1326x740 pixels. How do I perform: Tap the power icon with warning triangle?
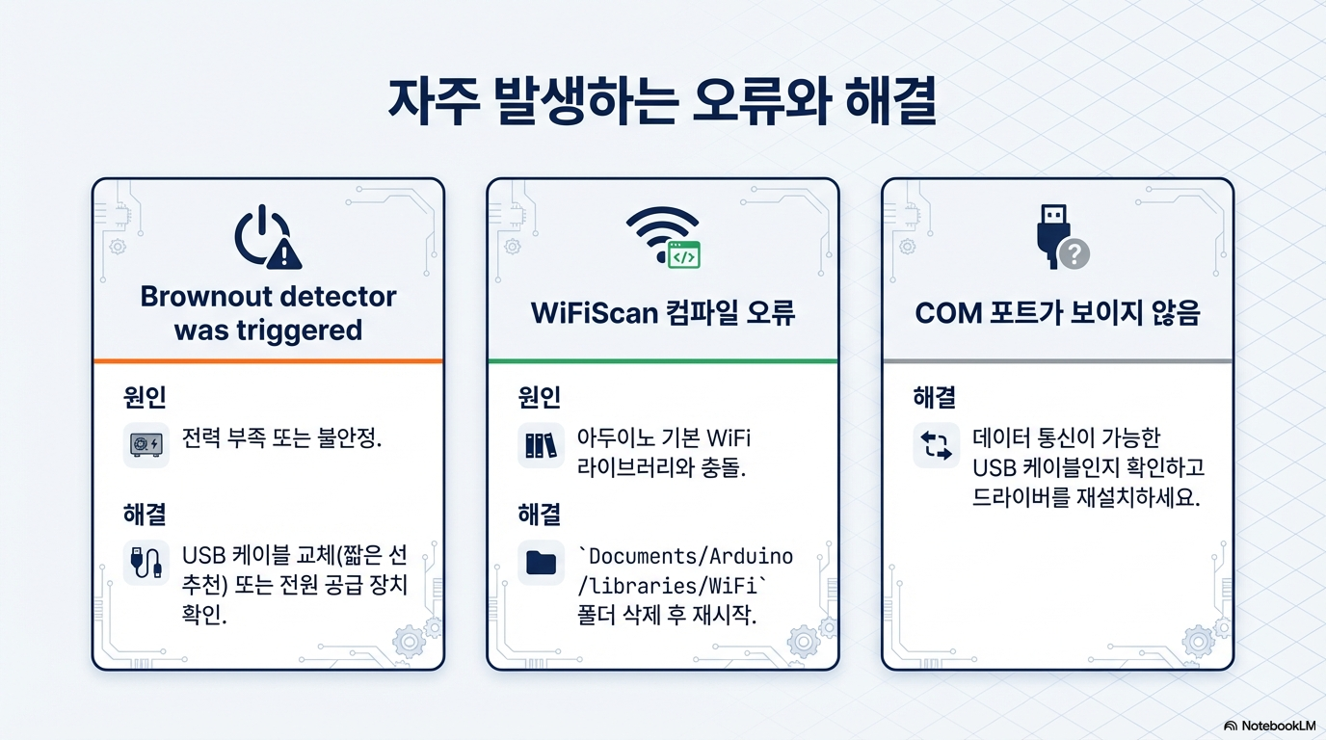pos(268,237)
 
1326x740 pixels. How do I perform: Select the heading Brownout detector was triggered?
pos(268,313)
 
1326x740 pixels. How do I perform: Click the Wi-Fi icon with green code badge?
pos(664,237)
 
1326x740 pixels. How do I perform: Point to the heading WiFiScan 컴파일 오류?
pos(663,312)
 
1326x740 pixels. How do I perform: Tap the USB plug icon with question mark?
pos(1063,237)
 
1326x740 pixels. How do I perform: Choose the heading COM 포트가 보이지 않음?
pos(1057,312)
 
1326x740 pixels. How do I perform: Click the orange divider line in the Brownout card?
pos(268,360)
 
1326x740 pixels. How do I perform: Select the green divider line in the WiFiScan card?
pos(663,360)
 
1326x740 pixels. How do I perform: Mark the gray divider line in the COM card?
pos(1058,360)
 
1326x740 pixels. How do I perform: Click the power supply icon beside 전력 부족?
pos(146,444)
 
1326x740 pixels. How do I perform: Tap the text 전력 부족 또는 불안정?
pos(281,438)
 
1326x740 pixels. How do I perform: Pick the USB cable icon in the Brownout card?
pos(146,563)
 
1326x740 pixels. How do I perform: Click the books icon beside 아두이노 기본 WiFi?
pos(541,444)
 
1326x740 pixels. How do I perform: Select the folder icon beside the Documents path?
pos(541,563)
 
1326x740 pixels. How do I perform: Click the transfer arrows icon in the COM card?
pos(936,445)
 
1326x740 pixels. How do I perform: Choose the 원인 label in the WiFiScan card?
pos(540,397)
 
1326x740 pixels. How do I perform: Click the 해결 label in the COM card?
pos(934,397)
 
